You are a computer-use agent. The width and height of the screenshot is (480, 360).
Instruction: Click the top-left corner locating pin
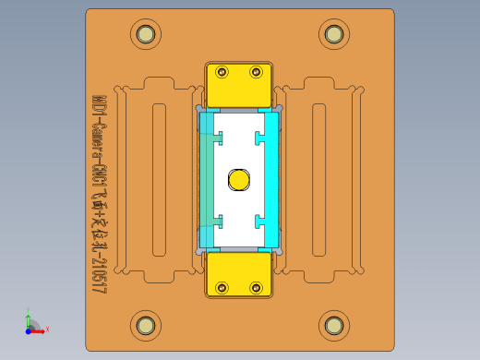[145, 35]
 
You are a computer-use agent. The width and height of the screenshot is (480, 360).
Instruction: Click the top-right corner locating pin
[334, 34]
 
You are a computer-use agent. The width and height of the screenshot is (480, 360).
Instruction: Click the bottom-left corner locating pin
[145, 324]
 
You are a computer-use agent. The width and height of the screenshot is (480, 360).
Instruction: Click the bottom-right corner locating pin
[334, 324]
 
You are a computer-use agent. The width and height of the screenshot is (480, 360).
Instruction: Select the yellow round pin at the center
[239, 179]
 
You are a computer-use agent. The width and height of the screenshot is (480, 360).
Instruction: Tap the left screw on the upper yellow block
[222, 72]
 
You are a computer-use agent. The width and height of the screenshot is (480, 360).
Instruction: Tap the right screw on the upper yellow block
[256, 72]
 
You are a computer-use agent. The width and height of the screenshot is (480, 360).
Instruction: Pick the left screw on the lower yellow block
[222, 287]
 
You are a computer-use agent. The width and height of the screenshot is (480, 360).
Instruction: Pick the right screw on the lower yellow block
[256, 287]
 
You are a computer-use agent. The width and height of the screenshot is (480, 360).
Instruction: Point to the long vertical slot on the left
[159, 180]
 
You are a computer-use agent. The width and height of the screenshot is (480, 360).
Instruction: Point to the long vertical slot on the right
[319, 180]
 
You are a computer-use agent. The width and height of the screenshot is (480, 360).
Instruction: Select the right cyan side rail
[271, 180]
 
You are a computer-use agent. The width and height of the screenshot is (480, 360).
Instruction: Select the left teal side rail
[207, 180]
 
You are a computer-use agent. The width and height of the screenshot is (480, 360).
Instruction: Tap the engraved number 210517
[98, 272]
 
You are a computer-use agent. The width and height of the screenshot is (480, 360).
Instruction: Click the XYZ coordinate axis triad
[32, 324]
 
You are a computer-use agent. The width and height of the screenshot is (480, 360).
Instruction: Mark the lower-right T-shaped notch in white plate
[260, 222]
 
